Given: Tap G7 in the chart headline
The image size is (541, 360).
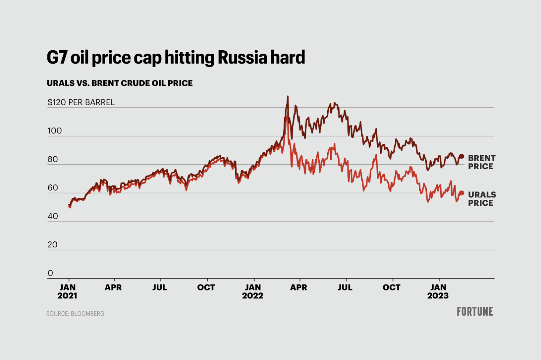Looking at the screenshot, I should click(57, 58).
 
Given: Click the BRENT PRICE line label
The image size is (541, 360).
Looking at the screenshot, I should click(482, 162).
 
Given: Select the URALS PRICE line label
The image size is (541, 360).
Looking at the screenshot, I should click(482, 199).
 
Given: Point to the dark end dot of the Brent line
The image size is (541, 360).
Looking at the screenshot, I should click(462, 157).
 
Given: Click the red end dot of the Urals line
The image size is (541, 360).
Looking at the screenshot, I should click(462, 193).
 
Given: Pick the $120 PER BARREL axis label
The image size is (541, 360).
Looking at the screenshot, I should click(81, 102).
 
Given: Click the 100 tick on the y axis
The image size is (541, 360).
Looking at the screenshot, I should click(54, 131).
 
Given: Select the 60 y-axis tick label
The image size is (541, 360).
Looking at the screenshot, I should click(53, 188).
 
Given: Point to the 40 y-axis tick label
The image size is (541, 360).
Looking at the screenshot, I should click(53, 216).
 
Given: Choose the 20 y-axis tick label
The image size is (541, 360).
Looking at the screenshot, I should click(53, 245).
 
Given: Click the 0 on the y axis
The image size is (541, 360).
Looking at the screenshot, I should click(50, 273).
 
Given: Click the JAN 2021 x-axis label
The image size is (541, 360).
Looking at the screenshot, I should click(68, 292).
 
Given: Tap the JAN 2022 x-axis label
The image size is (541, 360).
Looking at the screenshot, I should click(252, 292).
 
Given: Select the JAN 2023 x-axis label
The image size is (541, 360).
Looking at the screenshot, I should click(438, 292).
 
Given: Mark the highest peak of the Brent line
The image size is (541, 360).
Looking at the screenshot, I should click(288, 96).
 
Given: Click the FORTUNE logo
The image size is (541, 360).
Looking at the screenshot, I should click(475, 312).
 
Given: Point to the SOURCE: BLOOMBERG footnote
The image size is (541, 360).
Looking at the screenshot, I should click(75, 314).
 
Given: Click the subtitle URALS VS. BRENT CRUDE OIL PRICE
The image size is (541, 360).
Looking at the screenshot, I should click(119, 83).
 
